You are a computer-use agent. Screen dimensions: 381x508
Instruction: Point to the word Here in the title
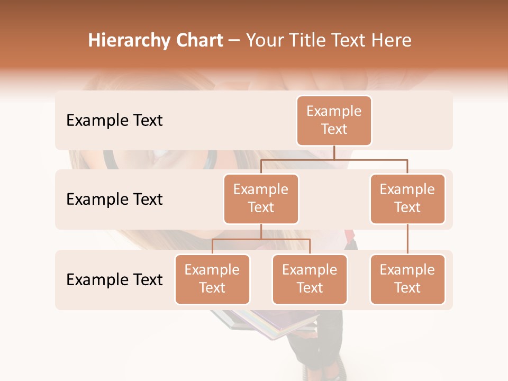(391, 40)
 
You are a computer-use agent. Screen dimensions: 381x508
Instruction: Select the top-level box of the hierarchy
(334, 120)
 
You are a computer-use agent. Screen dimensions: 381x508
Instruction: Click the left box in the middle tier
(261, 198)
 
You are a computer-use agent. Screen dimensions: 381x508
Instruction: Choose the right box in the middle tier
(407, 198)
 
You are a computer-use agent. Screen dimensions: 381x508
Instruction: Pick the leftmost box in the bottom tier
(212, 279)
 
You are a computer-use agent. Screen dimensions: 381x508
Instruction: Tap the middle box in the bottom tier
(310, 279)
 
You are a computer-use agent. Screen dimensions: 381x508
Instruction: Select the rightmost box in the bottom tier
(407, 279)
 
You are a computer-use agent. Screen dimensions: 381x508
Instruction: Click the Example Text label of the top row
(114, 121)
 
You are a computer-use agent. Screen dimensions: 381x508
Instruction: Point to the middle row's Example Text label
(114, 199)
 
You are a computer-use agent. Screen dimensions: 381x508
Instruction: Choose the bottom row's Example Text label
(114, 279)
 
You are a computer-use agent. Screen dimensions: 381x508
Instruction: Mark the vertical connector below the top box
(334, 152)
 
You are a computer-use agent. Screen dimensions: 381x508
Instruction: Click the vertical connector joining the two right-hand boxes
(407, 239)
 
